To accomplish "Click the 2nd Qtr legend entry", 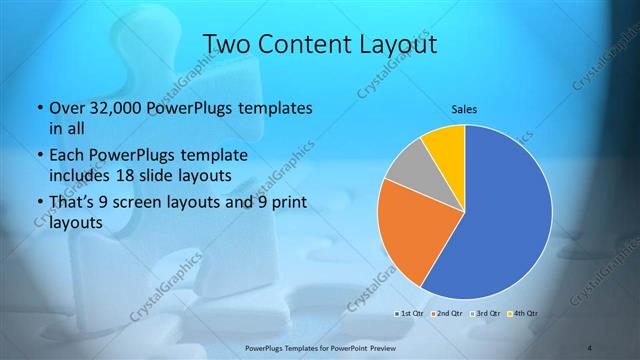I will point(445,314).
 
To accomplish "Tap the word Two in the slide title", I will point(227,44).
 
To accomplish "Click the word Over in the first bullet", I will point(67,107).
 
